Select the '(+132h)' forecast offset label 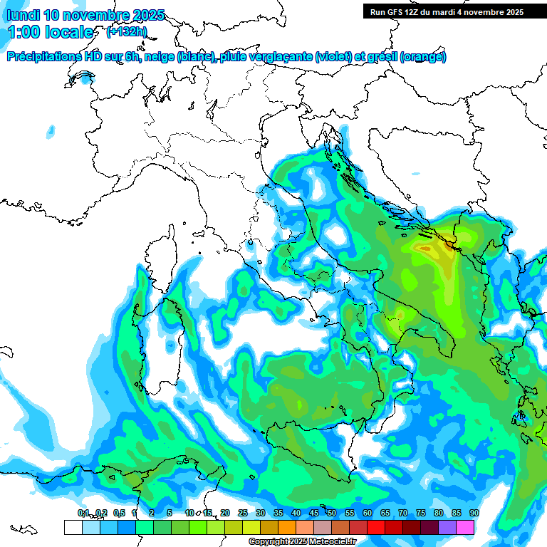(126, 31)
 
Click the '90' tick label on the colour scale (474, 513)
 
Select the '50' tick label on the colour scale (331, 513)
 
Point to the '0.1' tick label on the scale (83, 513)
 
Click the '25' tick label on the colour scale (242, 513)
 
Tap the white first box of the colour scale (73, 527)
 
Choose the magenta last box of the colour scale (465, 527)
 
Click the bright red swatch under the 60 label (375, 527)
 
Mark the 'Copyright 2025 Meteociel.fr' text (302, 541)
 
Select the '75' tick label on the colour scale (420, 513)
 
